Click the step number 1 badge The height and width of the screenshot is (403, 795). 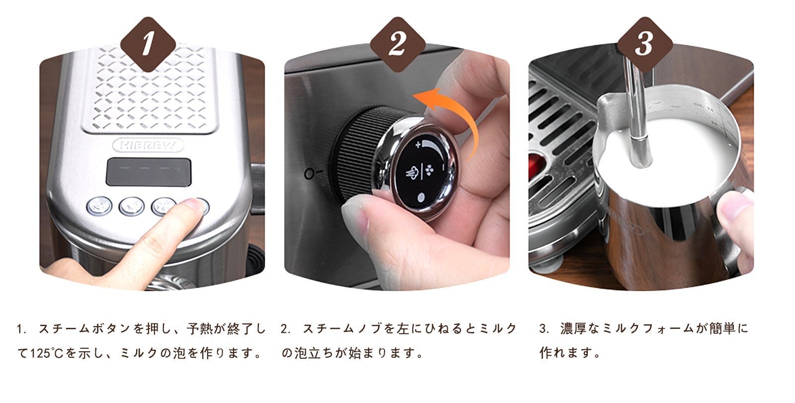pyautogui.click(x=148, y=44)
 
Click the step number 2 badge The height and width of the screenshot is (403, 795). pyautogui.click(x=397, y=44)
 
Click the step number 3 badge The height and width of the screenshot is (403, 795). pyautogui.click(x=644, y=44)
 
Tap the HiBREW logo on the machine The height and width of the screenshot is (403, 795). pyautogui.click(x=148, y=146)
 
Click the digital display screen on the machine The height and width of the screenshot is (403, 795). pyautogui.click(x=148, y=172)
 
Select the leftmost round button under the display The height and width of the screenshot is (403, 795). pyautogui.click(x=99, y=206)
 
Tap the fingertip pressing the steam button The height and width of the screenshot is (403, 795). pyautogui.click(x=191, y=207)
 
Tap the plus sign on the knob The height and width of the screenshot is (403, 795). pyautogui.click(x=417, y=145)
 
